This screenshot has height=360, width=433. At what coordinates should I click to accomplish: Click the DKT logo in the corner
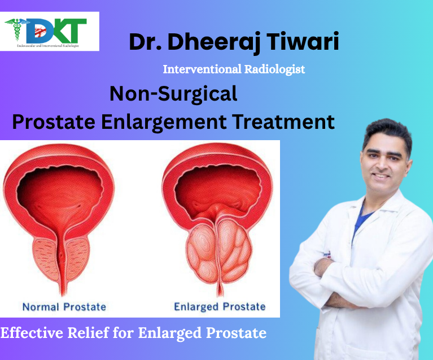tap(50, 31)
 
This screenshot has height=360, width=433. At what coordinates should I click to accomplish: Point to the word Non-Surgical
tap(173, 94)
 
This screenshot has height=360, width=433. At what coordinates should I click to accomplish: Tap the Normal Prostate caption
tap(64, 307)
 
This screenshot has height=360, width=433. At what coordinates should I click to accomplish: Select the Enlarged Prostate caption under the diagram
tap(219, 307)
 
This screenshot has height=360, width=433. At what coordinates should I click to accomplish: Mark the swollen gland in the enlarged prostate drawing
tap(219, 249)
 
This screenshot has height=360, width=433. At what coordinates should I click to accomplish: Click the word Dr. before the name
tap(146, 42)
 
